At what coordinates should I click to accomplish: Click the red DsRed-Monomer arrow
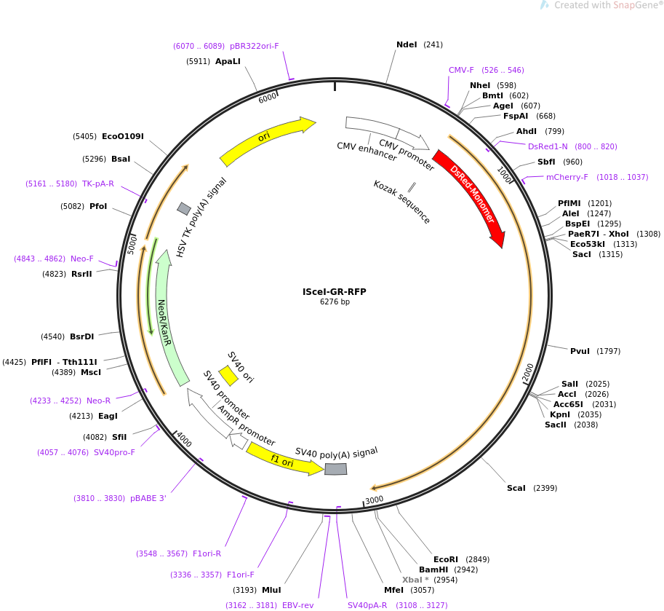(x=469, y=196)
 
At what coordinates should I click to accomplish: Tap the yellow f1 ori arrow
(x=284, y=460)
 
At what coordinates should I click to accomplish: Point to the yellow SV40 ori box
(x=228, y=376)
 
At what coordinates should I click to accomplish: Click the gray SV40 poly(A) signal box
(x=335, y=469)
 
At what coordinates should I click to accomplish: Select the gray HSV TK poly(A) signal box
(x=184, y=209)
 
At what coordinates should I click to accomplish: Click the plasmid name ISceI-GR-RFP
(x=335, y=292)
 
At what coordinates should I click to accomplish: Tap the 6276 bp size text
(x=335, y=302)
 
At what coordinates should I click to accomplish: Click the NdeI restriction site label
(x=407, y=44)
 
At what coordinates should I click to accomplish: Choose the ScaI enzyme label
(x=516, y=488)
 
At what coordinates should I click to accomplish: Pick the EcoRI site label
(x=446, y=559)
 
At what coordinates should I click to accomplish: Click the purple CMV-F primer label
(x=461, y=70)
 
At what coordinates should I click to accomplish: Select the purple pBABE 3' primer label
(x=148, y=498)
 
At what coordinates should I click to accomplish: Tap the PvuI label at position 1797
(x=580, y=351)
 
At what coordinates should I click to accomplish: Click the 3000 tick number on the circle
(x=374, y=500)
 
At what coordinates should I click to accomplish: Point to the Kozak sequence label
(x=401, y=202)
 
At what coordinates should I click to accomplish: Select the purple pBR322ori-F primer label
(x=255, y=46)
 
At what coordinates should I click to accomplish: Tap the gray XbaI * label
(x=415, y=580)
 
